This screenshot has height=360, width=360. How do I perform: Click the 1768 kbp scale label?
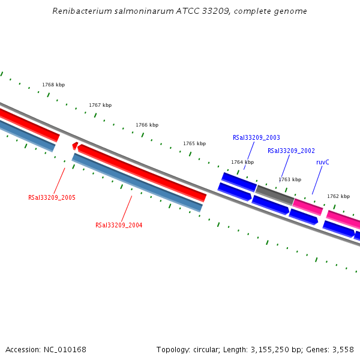(53, 85)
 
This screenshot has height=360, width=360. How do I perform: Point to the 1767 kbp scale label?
(100, 105)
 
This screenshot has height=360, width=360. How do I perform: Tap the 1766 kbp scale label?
(147, 125)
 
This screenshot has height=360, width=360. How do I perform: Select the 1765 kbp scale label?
(194, 143)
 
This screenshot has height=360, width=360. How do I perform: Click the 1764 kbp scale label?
(242, 162)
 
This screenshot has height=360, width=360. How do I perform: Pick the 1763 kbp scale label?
(290, 179)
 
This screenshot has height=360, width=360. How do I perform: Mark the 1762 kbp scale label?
(338, 196)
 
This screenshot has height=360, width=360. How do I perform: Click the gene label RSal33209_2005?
(52, 197)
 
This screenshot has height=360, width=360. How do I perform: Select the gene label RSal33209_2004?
(119, 225)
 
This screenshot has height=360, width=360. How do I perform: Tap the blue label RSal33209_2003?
(256, 137)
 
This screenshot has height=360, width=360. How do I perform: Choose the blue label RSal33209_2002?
(291, 151)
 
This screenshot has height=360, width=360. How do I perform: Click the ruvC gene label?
(323, 162)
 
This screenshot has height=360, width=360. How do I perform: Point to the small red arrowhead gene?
(74, 145)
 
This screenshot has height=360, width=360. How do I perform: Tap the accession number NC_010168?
(64, 349)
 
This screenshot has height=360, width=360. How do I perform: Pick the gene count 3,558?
(341, 349)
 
